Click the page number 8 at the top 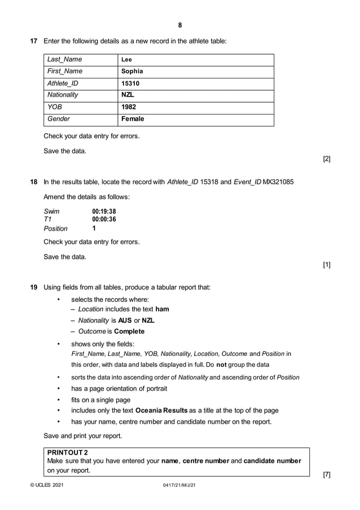click(x=180, y=25)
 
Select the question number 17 click(x=33, y=41)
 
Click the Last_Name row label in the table click(x=64, y=59)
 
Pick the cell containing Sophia click(x=132, y=71)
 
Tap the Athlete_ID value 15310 click(x=130, y=83)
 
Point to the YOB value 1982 click(x=129, y=107)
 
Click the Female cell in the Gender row click(x=133, y=119)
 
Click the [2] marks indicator click(x=327, y=159)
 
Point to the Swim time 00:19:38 click(x=104, y=212)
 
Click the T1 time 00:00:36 click(x=104, y=219)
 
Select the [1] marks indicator click(x=327, y=264)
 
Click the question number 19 click(x=33, y=287)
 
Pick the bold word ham click(x=162, y=309)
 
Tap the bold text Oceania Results click(x=164, y=410)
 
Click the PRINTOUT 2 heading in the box click(x=68, y=452)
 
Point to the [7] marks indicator click(x=327, y=474)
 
